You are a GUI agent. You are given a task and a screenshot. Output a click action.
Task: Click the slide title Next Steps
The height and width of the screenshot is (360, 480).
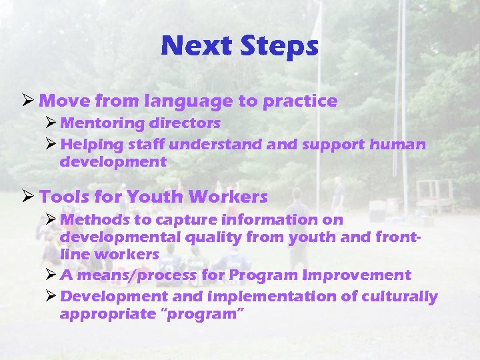239,46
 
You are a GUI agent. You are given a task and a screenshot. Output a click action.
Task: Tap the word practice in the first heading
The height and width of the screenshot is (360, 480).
300,101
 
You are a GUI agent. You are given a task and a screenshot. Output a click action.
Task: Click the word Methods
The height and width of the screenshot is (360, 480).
91,219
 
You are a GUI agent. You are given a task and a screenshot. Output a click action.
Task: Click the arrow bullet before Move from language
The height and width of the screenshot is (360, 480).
28,101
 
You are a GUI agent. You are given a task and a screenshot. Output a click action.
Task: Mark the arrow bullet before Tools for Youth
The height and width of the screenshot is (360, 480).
28,197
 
